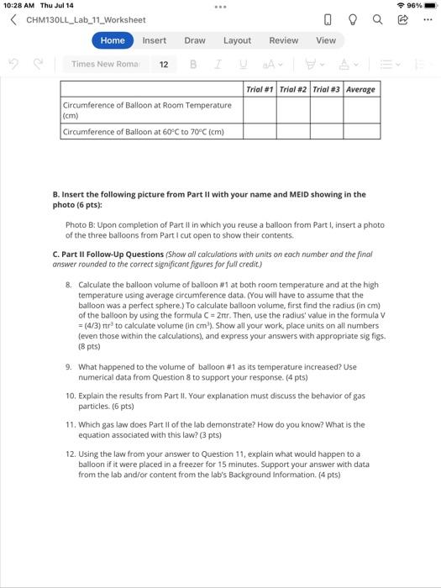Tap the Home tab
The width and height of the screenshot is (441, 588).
pos(113,40)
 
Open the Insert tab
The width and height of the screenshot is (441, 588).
pos(154,40)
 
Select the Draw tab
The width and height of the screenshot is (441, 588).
pos(195,40)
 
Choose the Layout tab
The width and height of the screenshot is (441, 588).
pos(237,40)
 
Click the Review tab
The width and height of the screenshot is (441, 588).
pos(283,40)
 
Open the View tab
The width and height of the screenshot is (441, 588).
pos(326,40)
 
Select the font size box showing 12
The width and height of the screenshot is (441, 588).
pos(163,64)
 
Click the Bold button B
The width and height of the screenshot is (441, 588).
pos(193,64)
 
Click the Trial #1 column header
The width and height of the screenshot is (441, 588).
pos(260,89)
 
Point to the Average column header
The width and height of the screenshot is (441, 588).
pos(361,89)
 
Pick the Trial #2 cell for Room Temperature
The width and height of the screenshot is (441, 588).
pos(294,110)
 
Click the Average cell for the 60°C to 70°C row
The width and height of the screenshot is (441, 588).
pos(361,131)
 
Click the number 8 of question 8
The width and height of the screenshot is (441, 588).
pos(68,286)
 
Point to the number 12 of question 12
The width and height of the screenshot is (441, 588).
pos(71,454)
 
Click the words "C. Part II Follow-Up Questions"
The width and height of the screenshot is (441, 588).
pos(108,254)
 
